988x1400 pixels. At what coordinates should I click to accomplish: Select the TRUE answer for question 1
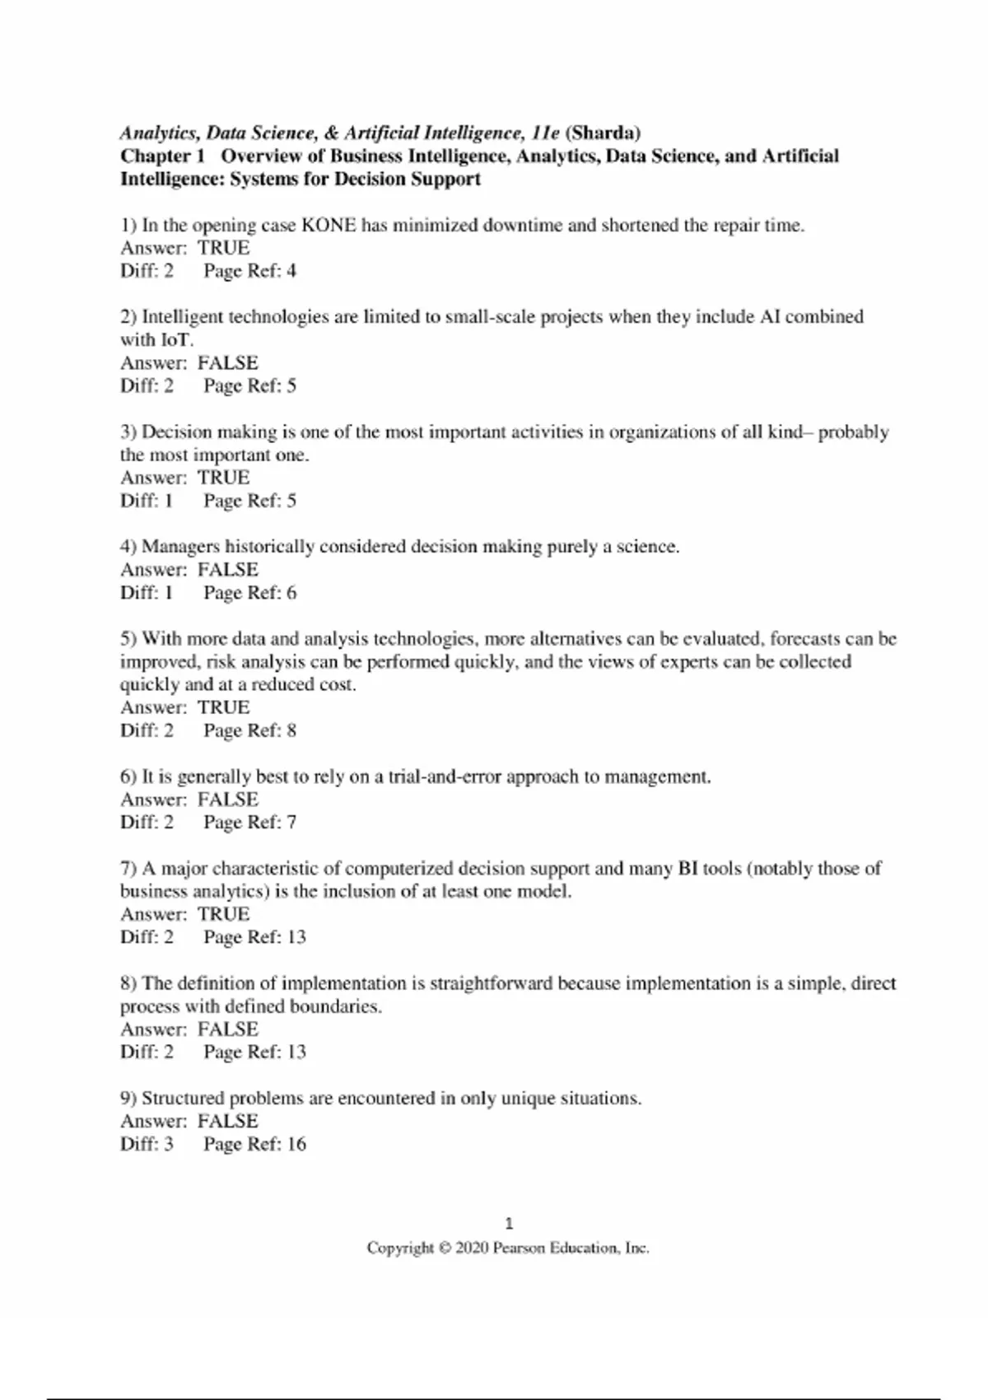point(223,248)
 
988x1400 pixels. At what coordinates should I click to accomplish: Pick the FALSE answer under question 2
point(227,362)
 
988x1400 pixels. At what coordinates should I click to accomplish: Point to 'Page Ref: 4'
point(249,271)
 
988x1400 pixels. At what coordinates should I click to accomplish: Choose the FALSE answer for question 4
point(227,569)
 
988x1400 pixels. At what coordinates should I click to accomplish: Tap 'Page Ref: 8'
point(249,730)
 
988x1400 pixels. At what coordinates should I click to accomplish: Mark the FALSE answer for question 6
point(227,799)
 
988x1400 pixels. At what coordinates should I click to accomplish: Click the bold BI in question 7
point(687,868)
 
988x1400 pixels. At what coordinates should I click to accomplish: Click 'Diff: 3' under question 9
point(147,1144)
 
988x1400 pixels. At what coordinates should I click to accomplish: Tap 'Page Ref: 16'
point(254,1144)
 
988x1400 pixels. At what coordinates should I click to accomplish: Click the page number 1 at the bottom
point(508,1223)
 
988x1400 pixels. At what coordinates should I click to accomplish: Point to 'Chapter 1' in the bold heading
point(161,156)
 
